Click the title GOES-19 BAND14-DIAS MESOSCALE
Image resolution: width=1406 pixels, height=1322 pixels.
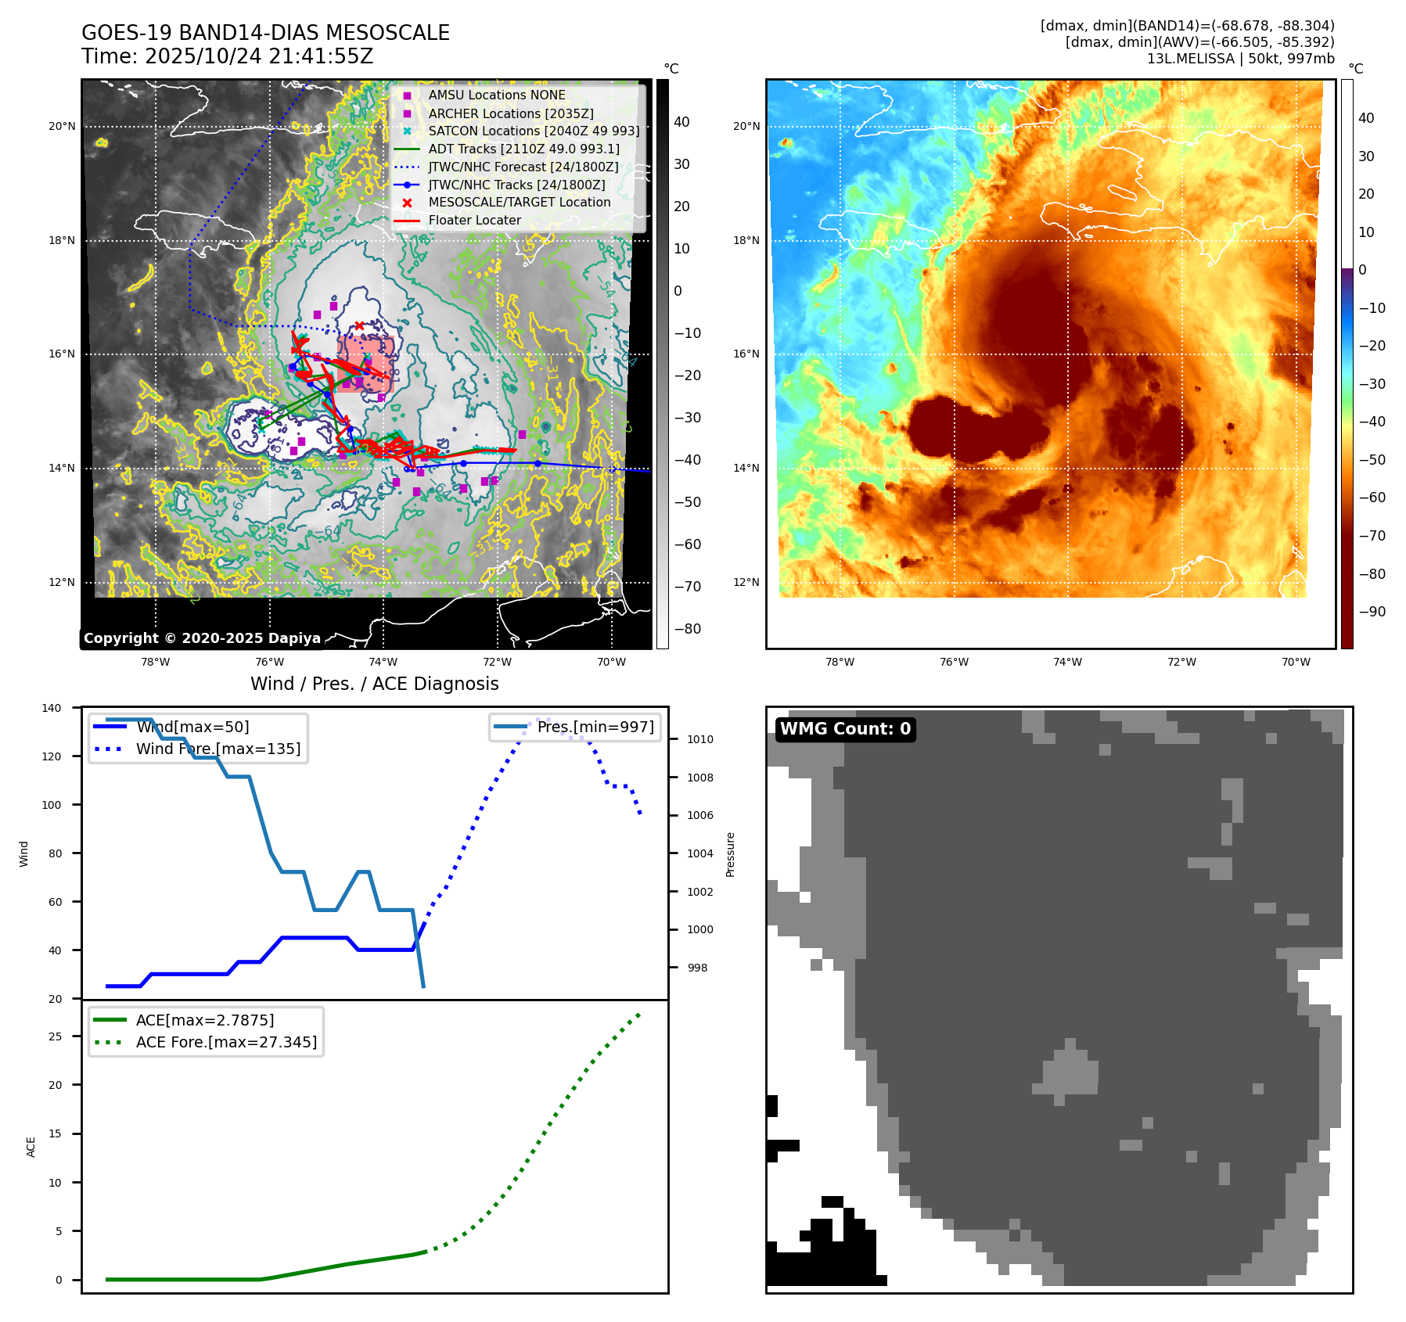pyautogui.click(x=265, y=33)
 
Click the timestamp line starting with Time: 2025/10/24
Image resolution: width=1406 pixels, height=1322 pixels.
pyautogui.click(x=227, y=56)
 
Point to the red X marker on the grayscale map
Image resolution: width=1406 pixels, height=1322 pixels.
pyautogui.click(x=359, y=325)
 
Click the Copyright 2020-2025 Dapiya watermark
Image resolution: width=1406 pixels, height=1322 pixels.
pyautogui.click(x=202, y=638)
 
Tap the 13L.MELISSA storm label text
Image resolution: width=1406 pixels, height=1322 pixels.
pyautogui.click(x=1240, y=59)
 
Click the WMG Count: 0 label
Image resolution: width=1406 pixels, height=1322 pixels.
pyautogui.click(x=845, y=729)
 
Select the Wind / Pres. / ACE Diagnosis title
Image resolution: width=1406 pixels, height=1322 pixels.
pyautogui.click(x=374, y=684)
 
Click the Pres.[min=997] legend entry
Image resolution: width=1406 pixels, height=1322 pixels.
pyautogui.click(x=595, y=727)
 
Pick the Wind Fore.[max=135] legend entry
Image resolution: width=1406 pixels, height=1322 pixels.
pyautogui.click(x=218, y=749)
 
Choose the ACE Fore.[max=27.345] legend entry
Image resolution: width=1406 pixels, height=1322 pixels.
pyautogui.click(x=226, y=1042)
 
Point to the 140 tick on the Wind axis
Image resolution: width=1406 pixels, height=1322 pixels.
pyautogui.click(x=52, y=708)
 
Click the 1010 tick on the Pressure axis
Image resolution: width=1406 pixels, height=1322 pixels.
pyautogui.click(x=700, y=739)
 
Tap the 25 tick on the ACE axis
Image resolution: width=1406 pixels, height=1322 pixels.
pyautogui.click(x=56, y=1036)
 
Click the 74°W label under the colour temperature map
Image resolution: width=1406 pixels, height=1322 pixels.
pyautogui.click(x=1067, y=662)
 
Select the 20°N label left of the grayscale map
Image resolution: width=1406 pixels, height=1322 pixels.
pyautogui.click(x=63, y=126)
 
